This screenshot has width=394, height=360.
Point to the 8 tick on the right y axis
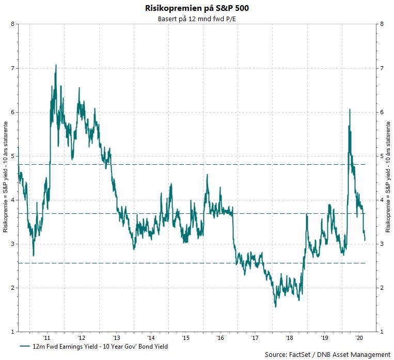click(381, 24)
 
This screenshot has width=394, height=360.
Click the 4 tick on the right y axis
click(381, 200)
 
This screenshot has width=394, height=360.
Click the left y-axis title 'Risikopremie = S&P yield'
click(5, 177)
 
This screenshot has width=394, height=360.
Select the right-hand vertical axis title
click(388, 177)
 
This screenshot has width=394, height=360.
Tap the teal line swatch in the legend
click(25, 346)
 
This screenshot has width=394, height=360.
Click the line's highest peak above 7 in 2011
click(56, 65)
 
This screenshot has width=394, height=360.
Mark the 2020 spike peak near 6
click(350, 109)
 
